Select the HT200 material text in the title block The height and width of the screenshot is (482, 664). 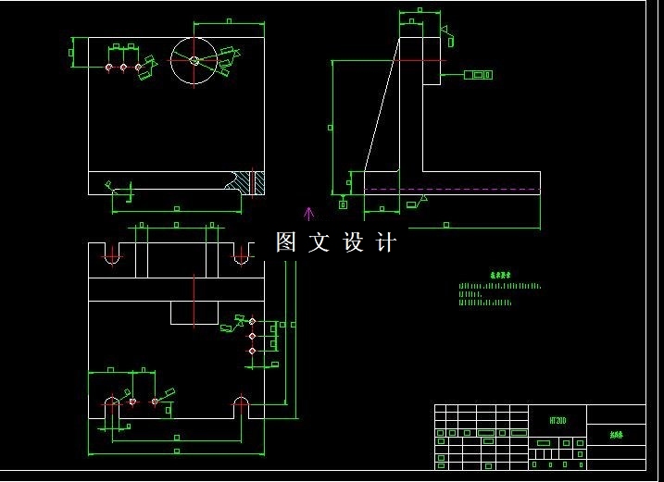point(558,419)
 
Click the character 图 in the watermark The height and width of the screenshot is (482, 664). point(286,243)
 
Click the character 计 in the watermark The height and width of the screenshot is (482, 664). point(386,243)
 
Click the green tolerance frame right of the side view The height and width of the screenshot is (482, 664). point(478,74)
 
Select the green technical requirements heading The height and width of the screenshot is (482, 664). point(500,275)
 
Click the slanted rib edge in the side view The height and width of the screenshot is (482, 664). point(382,104)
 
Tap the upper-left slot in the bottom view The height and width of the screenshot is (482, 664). point(112,254)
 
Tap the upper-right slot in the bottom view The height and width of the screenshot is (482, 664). point(241,254)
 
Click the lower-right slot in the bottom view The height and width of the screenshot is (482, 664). point(241,403)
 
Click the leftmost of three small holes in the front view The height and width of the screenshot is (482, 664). point(109,67)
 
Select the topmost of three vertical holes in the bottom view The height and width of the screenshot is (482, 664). point(252,321)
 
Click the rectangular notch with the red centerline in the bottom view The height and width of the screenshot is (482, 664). point(194,312)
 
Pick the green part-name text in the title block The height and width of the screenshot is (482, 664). point(616,433)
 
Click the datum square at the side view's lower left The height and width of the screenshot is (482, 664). point(343,204)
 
